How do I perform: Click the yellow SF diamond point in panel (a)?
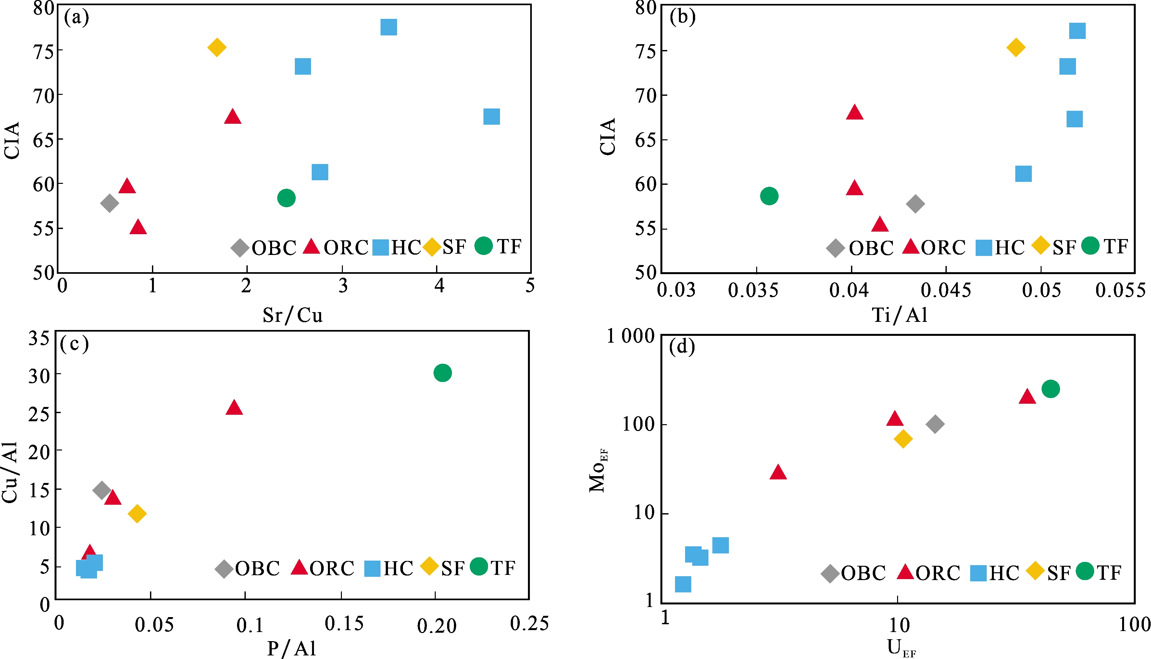pyautogui.click(x=217, y=47)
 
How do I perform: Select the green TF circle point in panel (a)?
pyautogui.click(x=286, y=198)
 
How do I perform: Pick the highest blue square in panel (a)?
pyautogui.click(x=389, y=27)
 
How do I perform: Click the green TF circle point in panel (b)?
pyautogui.click(x=769, y=196)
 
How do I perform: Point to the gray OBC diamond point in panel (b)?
pyautogui.click(x=915, y=204)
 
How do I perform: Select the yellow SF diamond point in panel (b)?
pyautogui.click(x=1016, y=47)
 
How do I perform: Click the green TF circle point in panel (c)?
pyautogui.click(x=443, y=373)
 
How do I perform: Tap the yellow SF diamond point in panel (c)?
pyautogui.click(x=137, y=514)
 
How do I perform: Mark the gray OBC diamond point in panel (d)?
pyautogui.click(x=935, y=424)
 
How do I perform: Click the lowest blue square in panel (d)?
pyautogui.click(x=683, y=584)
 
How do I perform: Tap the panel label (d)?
pyautogui.click(x=682, y=347)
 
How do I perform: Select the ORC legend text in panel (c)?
pyautogui.click(x=332, y=568)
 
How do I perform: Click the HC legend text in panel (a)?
pyautogui.click(x=406, y=247)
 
